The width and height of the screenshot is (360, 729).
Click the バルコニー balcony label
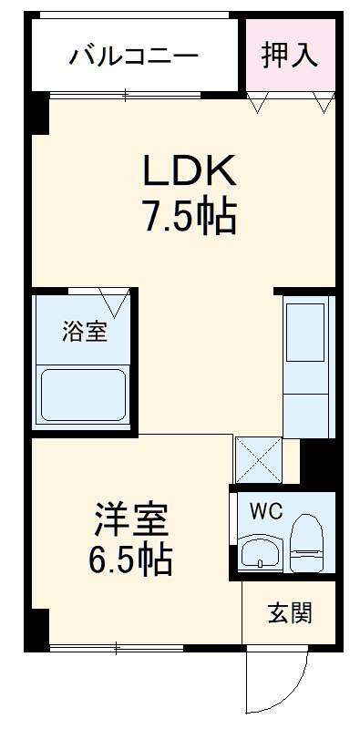click(134, 56)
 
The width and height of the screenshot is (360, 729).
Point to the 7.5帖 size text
click(189, 218)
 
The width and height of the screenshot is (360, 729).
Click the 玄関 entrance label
click(290, 612)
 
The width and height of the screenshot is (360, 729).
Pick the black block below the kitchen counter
click(318, 460)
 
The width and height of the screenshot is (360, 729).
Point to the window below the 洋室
click(118, 648)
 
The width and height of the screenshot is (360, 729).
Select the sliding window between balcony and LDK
click(128, 93)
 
